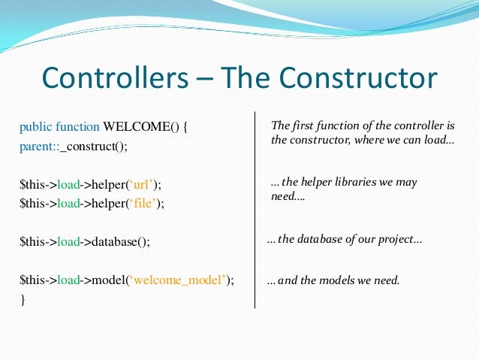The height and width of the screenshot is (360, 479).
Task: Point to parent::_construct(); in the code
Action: point(74,146)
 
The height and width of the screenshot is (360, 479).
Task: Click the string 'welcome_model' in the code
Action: point(182,280)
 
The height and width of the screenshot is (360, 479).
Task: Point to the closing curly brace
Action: point(23,299)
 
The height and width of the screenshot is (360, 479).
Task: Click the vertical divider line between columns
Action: point(255,210)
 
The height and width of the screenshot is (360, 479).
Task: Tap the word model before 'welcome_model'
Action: point(110,280)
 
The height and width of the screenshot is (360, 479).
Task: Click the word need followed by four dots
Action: point(283,197)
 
